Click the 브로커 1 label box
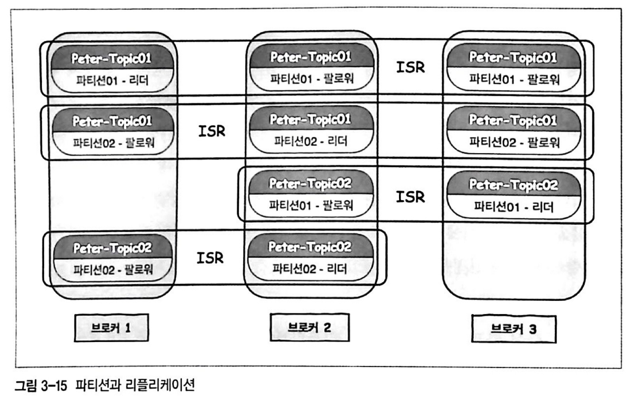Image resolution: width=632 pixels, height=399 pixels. coord(111,328)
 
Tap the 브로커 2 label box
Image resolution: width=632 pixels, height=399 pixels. coord(309,327)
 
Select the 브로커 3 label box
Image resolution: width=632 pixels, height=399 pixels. coord(513,329)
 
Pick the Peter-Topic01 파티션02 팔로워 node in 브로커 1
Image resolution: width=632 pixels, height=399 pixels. coord(113,132)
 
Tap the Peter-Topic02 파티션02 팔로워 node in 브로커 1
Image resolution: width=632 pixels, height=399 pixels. coord(113,259)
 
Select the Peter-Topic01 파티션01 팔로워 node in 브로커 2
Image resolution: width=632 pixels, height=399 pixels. coord(311,68)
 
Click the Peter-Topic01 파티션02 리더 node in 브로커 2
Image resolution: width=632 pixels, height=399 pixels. coord(311,130)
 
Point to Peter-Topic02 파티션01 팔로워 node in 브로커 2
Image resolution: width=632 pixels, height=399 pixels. coord(311,194)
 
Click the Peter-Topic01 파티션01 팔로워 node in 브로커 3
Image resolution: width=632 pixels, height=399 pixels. coord(513,68)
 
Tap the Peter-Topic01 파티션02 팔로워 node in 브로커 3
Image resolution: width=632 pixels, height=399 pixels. coord(513,131)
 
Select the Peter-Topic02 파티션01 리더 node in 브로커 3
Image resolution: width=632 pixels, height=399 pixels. coord(513,196)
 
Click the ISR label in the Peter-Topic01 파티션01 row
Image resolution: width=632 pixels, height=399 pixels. coord(410,67)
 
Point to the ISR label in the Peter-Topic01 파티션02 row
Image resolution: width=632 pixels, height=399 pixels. coord(211,131)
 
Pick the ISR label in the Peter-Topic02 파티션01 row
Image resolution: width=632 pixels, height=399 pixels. coord(410,197)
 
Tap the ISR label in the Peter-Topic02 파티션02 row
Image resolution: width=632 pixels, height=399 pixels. coord(210,258)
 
